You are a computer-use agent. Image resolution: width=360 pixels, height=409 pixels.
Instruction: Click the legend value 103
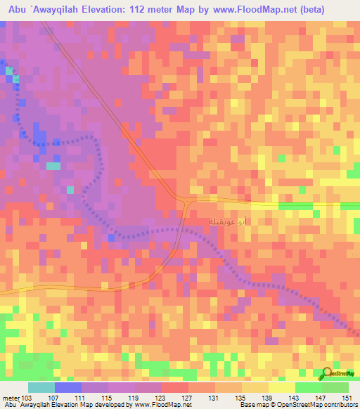pos(27,398)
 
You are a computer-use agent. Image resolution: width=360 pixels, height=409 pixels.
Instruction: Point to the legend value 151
pos(347,398)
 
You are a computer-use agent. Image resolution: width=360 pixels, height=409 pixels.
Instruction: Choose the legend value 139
pos(267,398)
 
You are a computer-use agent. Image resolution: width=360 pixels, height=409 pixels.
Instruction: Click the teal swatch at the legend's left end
pos(41,387)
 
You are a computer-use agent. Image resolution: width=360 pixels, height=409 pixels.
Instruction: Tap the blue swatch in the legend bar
pos(67,387)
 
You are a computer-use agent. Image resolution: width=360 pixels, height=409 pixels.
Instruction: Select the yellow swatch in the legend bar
pos(281,387)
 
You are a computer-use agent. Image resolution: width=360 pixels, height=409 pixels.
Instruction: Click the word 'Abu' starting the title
pos(15,9)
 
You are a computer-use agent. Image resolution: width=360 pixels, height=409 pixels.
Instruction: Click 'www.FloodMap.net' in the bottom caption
pos(162,405)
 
